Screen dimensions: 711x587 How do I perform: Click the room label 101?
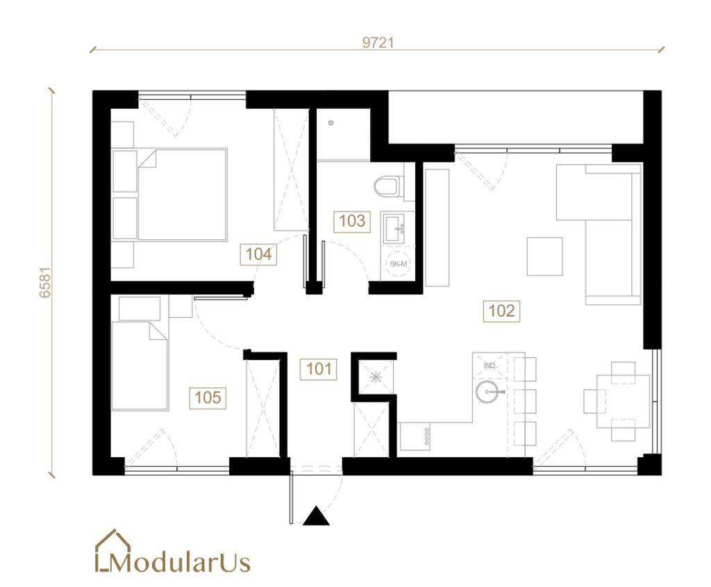318,368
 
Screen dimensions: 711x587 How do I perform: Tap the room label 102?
501,311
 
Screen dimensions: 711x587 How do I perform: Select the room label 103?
352,221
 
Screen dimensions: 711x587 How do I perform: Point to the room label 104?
258,254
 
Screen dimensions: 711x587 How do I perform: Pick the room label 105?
208,398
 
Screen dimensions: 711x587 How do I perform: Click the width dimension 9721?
378,42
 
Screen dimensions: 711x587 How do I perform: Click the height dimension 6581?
45,282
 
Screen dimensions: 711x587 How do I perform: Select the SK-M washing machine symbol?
398,264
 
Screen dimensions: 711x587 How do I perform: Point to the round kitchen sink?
487,391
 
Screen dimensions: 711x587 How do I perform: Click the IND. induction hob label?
490,366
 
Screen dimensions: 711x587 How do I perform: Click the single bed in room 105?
140,366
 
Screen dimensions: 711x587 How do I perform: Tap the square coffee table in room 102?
544,257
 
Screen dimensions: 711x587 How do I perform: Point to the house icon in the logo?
112,550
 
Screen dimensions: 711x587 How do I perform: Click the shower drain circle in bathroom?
331,123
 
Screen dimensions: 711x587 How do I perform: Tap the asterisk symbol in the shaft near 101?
376,377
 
